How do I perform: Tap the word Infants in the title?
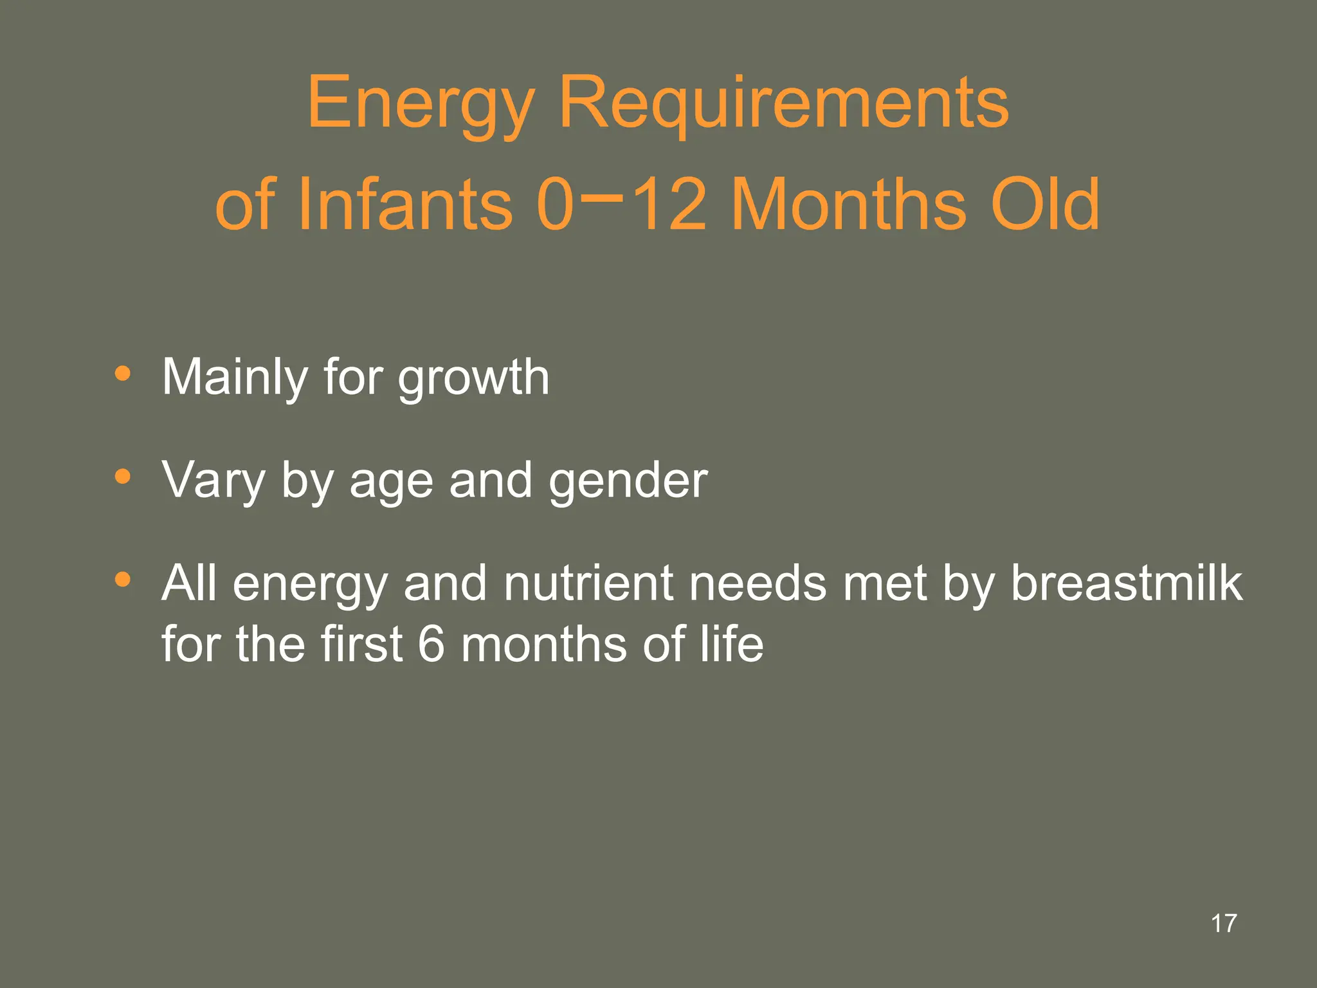tap(405, 205)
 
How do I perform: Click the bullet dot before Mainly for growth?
tap(122, 374)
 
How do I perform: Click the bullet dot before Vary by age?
tap(122, 477)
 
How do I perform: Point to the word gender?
tap(628, 482)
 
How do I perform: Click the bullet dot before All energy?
tap(122, 580)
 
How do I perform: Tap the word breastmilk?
tap(1126, 583)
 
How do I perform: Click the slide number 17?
tap(1224, 924)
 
